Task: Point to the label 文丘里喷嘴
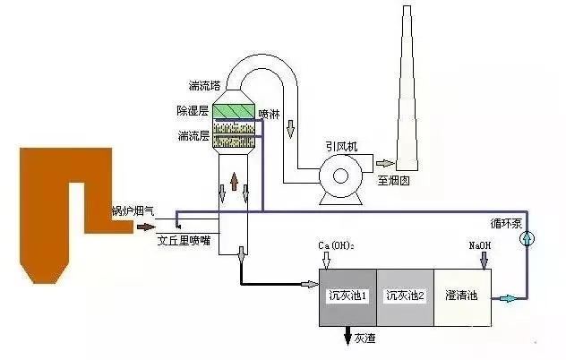184,241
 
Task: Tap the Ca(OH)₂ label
337,245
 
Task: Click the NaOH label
482,245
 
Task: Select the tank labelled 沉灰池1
347,295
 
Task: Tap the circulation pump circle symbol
527,237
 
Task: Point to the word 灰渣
364,339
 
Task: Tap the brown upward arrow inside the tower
234,183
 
